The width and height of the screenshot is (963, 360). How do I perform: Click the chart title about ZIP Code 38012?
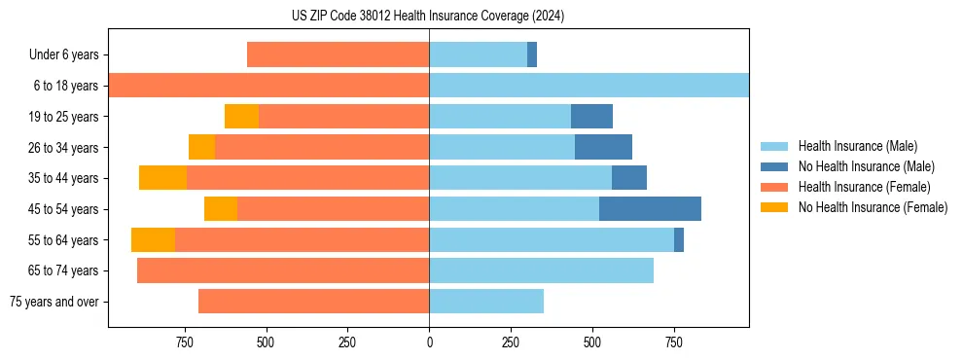(428, 17)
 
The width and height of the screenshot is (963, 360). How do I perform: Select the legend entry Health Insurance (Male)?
(857, 146)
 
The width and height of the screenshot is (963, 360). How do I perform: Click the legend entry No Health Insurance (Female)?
(873, 207)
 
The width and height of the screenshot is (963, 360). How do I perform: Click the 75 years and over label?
(54, 302)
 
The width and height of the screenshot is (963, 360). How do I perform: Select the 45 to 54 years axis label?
(64, 209)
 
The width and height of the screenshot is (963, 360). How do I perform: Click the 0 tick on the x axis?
(429, 342)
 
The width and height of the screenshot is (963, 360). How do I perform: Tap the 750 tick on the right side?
(673, 342)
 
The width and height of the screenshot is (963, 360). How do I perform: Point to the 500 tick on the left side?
(266, 342)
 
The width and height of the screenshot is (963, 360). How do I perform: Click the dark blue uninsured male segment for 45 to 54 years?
(650, 209)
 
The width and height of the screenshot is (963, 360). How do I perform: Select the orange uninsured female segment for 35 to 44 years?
(162, 178)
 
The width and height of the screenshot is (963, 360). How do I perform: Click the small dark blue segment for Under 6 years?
(532, 54)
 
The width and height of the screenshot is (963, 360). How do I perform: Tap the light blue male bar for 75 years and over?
(486, 302)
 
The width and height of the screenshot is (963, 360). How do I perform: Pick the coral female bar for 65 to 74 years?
(283, 270)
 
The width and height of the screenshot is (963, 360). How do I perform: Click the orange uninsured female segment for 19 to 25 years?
(241, 117)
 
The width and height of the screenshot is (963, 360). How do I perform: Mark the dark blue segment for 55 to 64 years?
(679, 240)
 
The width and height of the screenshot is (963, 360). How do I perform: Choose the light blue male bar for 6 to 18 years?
(588, 86)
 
